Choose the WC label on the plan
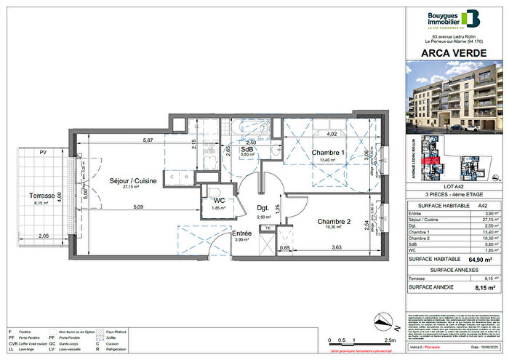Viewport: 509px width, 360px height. (217, 201)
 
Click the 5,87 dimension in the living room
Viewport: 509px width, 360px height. (148, 140)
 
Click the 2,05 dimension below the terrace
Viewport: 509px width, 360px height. (43, 236)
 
